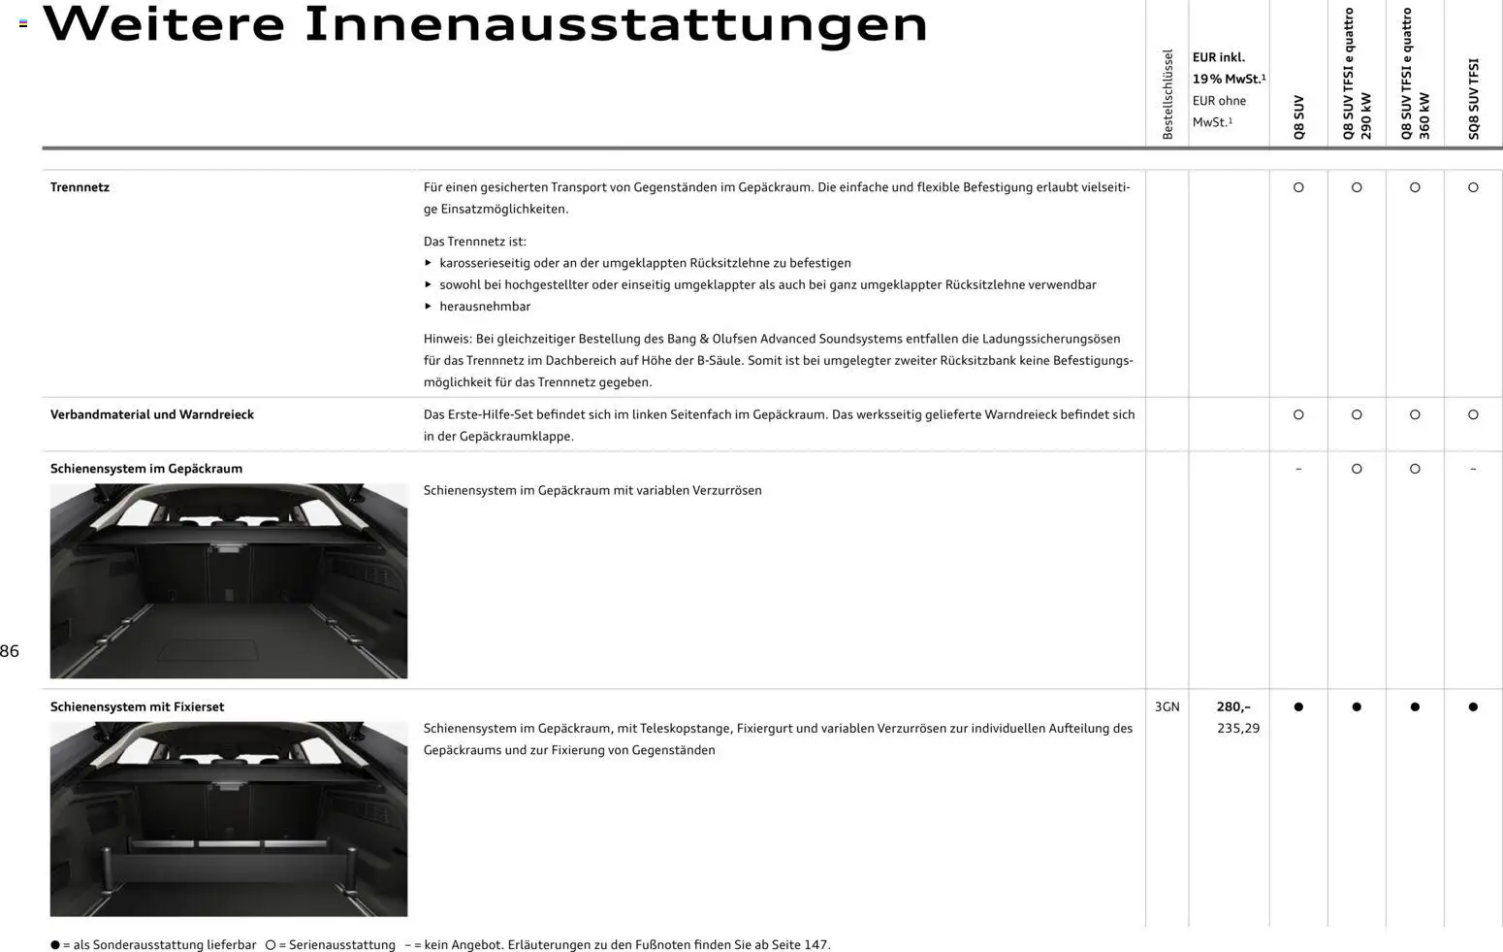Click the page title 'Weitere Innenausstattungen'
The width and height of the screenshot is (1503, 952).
tap(485, 25)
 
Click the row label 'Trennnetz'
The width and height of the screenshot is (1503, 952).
tap(80, 187)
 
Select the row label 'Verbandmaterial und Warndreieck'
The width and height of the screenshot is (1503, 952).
tap(152, 414)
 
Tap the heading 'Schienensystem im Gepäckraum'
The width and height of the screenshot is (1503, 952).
tap(146, 469)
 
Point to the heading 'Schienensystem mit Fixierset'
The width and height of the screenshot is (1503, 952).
tap(137, 707)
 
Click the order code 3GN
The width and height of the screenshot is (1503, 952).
tap(1167, 707)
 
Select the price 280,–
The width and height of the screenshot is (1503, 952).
tap(1233, 707)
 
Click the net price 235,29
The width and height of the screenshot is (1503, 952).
tap(1238, 729)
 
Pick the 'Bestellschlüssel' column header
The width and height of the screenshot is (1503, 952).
tap(1167, 94)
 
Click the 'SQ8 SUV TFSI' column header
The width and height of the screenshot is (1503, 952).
tap(1474, 99)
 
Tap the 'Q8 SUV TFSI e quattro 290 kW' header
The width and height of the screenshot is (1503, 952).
tap(1357, 75)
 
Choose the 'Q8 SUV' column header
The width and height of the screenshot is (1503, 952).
tap(1298, 117)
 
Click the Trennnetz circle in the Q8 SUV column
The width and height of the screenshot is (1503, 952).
tap(1298, 187)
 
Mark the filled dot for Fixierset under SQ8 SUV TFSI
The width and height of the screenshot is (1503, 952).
tap(1473, 707)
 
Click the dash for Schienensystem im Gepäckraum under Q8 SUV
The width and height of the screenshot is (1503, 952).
tap(1298, 470)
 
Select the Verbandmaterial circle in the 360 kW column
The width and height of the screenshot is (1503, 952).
tap(1415, 415)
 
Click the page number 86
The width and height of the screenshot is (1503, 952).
tap(10, 652)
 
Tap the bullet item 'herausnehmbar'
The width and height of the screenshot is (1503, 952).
tap(485, 307)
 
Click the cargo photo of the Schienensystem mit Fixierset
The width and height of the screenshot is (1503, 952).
tap(229, 819)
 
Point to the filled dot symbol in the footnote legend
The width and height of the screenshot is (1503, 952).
tap(55, 945)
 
